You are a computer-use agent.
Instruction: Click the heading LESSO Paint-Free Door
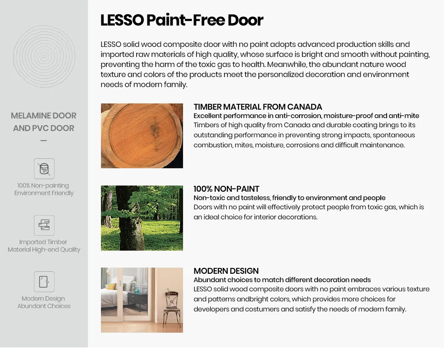pos(182,20)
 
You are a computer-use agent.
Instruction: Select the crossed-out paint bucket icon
pos(44,169)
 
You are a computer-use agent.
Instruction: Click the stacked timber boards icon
pos(44,225)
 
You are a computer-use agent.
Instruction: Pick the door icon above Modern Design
pos(44,282)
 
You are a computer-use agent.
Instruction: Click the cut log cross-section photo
pos(142,136)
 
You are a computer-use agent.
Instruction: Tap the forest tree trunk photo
pos(142,218)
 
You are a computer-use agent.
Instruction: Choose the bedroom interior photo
pos(142,300)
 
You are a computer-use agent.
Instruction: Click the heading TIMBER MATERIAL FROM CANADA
pos(258,107)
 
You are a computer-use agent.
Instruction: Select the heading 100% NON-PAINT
pos(226,189)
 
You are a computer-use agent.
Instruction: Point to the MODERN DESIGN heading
pos(226,271)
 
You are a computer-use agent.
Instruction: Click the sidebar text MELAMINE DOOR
pos(44,116)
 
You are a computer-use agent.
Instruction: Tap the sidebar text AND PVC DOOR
pos(44,128)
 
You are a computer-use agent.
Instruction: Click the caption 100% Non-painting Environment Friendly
pos(44,189)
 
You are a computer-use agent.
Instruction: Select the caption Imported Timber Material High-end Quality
pos(44,246)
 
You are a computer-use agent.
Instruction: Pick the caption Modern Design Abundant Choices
pos(44,302)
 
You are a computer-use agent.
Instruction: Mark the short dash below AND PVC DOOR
pos(44,141)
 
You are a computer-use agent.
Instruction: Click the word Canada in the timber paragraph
pos(296,125)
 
